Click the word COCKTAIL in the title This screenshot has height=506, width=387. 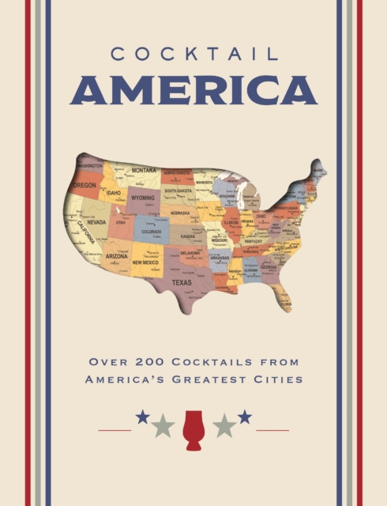193,55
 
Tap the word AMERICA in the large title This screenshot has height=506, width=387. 193,91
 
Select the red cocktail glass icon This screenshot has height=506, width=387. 193,430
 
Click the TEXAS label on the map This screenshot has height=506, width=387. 182,281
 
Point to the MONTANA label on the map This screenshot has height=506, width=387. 144,170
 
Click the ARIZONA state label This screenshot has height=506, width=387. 117,256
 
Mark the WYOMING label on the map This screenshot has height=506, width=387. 143,198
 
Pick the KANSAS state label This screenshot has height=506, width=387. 188,236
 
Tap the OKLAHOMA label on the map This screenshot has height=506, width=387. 190,253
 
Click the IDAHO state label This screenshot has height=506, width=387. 114,192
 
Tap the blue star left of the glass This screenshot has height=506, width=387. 142,417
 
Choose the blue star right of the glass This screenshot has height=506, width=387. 245,417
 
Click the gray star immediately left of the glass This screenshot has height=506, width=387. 163,426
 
